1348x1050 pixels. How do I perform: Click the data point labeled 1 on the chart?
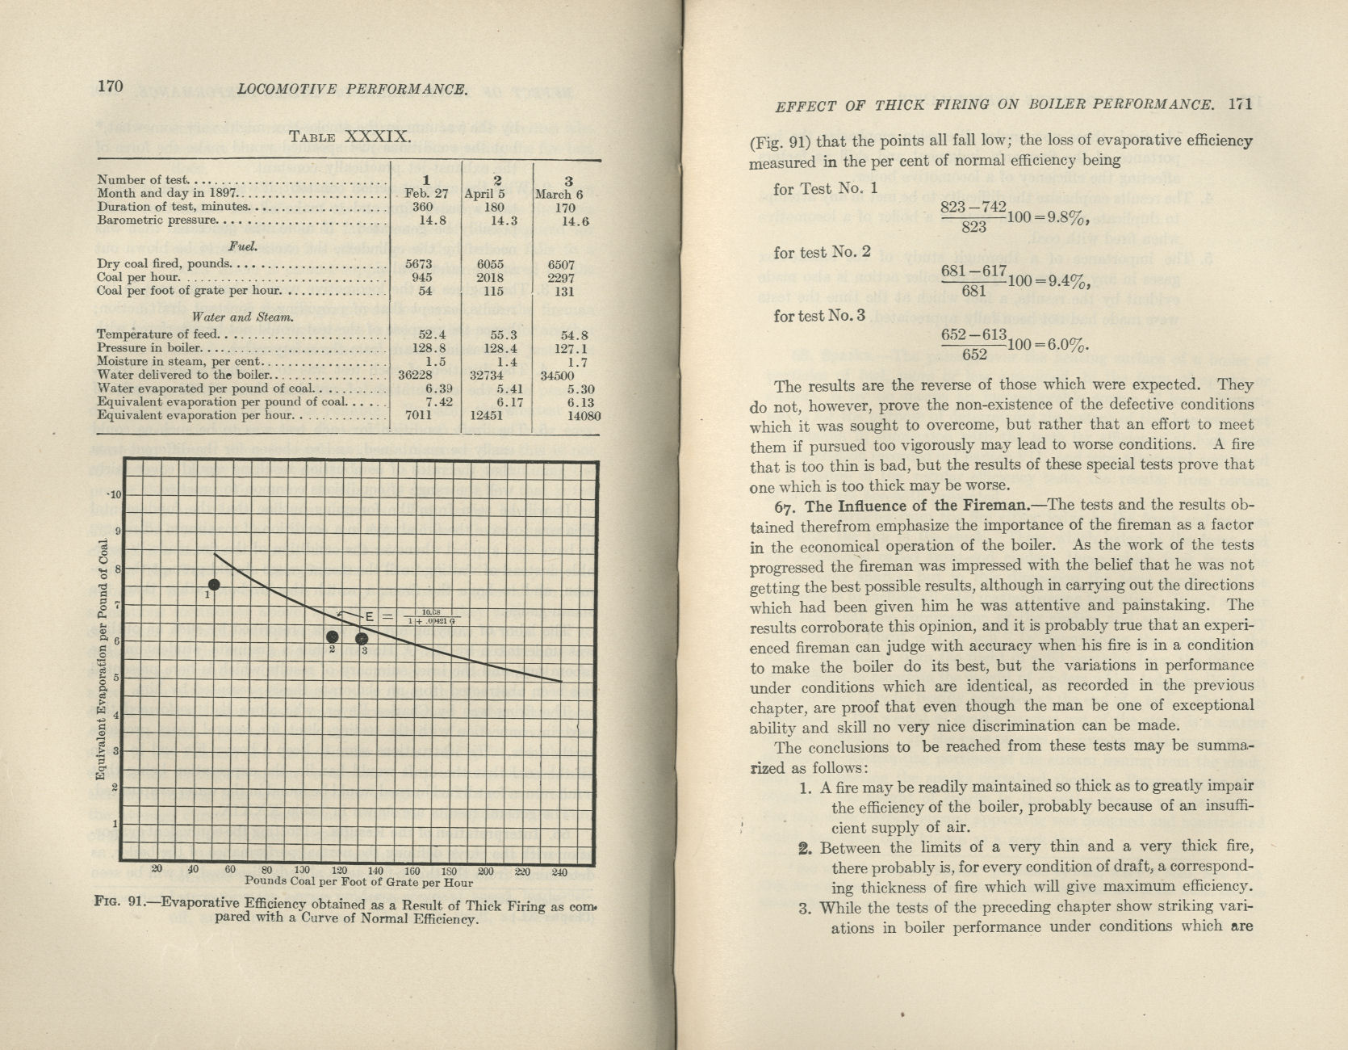pyautogui.click(x=214, y=585)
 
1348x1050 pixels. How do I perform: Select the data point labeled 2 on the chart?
pyautogui.click(x=332, y=636)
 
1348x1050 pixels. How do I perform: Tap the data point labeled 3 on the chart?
pyautogui.click(x=362, y=640)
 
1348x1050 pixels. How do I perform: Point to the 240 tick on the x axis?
pyautogui.click(x=559, y=871)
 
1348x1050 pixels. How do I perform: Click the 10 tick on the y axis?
pyautogui.click(x=115, y=494)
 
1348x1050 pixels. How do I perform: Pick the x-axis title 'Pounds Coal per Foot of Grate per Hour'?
pyautogui.click(x=358, y=882)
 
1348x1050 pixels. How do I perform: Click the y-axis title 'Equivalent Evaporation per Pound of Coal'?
pyautogui.click(x=102, y=659)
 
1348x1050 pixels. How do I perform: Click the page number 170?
pyautogui.click(x=110, y=86)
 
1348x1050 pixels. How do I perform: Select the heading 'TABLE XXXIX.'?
pyautogui.click(x=350, y=137)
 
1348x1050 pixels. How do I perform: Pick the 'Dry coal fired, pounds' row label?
pyautogui.click(x=164, y=264)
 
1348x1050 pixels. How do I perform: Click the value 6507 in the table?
pyautogui.click(x=561, y=264)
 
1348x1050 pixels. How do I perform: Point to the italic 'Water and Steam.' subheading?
pyautogui.click(x=242, y=317)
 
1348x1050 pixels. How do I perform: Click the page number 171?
pyautogui.click(x=1238, y=103)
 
